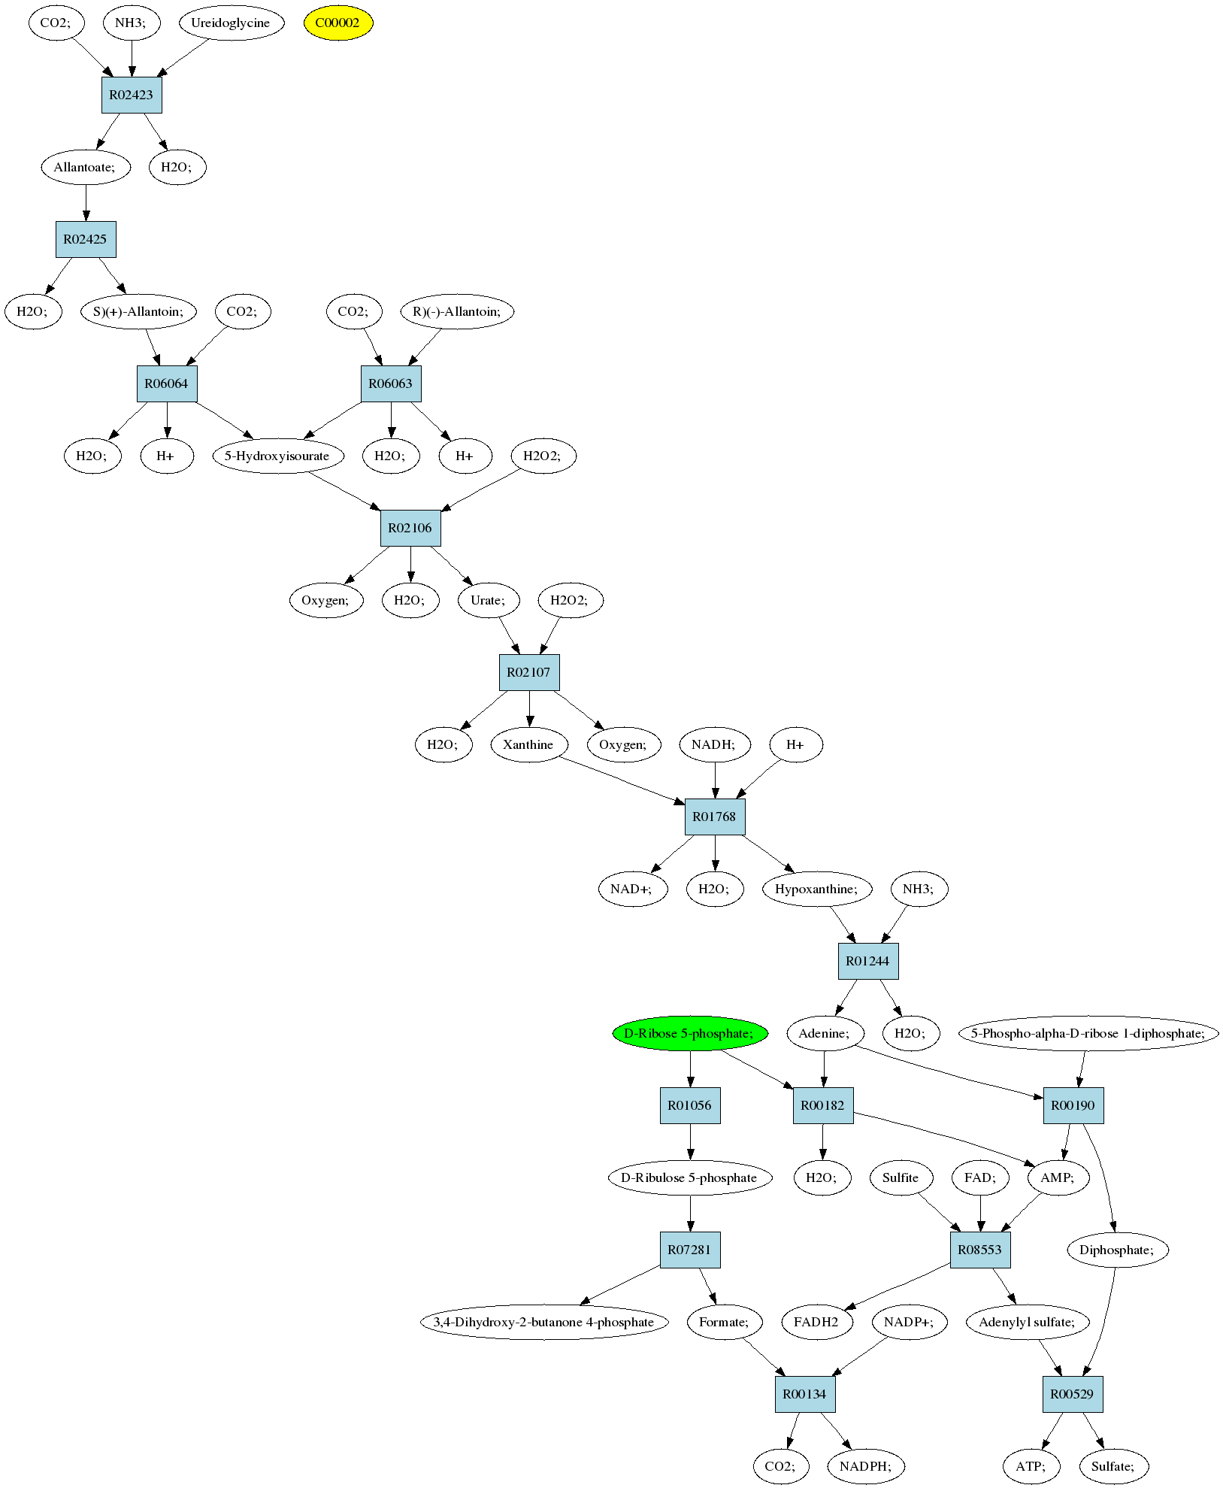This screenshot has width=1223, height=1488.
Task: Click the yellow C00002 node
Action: pyautogui.click(x=338, y=23)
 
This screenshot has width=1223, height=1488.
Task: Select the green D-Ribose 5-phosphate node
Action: pyautogui.click(x=690, y=1033)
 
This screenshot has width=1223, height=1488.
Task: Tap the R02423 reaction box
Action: pyautogui.click(x=132, y=95)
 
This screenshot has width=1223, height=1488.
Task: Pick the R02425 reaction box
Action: pyautogui.click(x=86, y=239)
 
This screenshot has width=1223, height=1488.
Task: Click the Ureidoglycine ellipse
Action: pyautogui.click(x=231, y=23)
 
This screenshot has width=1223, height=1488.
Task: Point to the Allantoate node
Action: pyautogui.click(x=86, y=167)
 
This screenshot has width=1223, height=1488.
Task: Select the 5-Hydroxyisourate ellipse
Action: pyautogui.click(x=278, y=456)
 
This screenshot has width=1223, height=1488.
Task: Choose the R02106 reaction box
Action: pyautogui.click(x=410, y=528)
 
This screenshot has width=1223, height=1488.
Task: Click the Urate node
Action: pyautogui.click(x=489, y=600)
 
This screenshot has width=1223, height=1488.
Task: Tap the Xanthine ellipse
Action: pyautogui.click(x=528, y=744)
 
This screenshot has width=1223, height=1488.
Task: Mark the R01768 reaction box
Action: pyautogui.click(x=715, y=817)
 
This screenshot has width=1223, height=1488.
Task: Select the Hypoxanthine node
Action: pyautogui.click(x=817, y=889)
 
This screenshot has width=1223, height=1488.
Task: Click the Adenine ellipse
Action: pyautogui.click(x=825, y=1033)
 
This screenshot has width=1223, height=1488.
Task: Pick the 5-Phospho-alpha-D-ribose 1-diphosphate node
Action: pyautogui.click(x=1088, y=1033)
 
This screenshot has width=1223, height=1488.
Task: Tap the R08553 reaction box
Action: pyautogui.click(x=980, y=1250)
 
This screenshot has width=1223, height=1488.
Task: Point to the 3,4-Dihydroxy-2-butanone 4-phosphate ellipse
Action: pyautogui.click(x=544, y=1322)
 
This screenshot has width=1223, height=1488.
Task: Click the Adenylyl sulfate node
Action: pyautogui.click(x=1028, y=1322)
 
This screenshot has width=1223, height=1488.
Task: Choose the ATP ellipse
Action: pyautogui.click(x=1031, y=1466)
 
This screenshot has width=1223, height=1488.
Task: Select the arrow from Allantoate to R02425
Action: pyautogui.click(x=86, y=202)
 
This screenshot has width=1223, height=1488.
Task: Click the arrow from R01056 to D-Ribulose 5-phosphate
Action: pyautogui.click(x=690, y=1141)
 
